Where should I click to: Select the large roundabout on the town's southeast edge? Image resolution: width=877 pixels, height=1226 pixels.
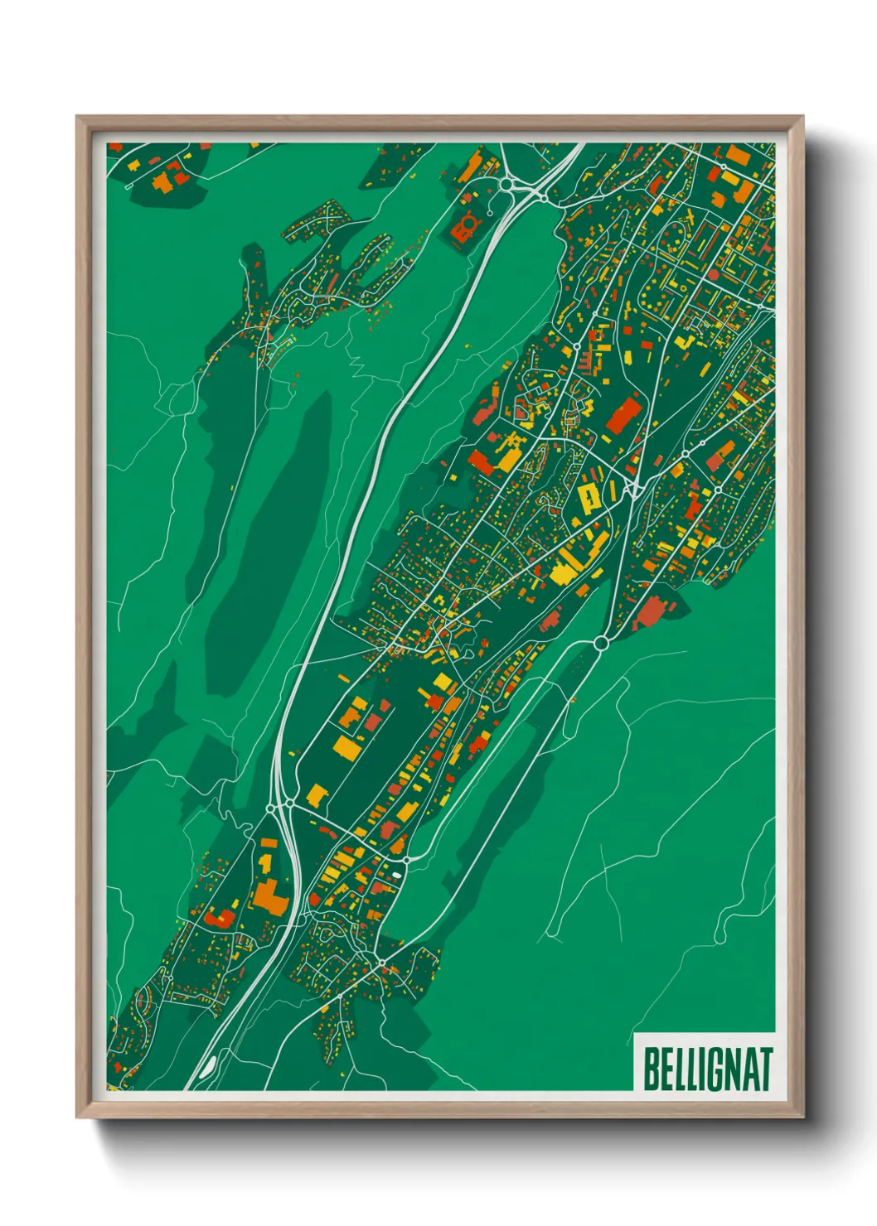[x=601, y=642]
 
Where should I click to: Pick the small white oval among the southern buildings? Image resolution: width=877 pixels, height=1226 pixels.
[x=396, y=874]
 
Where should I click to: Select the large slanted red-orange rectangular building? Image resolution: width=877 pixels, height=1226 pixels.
[x=623, y=415]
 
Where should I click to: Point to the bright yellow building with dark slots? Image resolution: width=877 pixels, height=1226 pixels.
[x=589, y=498]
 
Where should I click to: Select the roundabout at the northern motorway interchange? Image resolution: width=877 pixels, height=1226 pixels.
[x=506, y=183]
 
